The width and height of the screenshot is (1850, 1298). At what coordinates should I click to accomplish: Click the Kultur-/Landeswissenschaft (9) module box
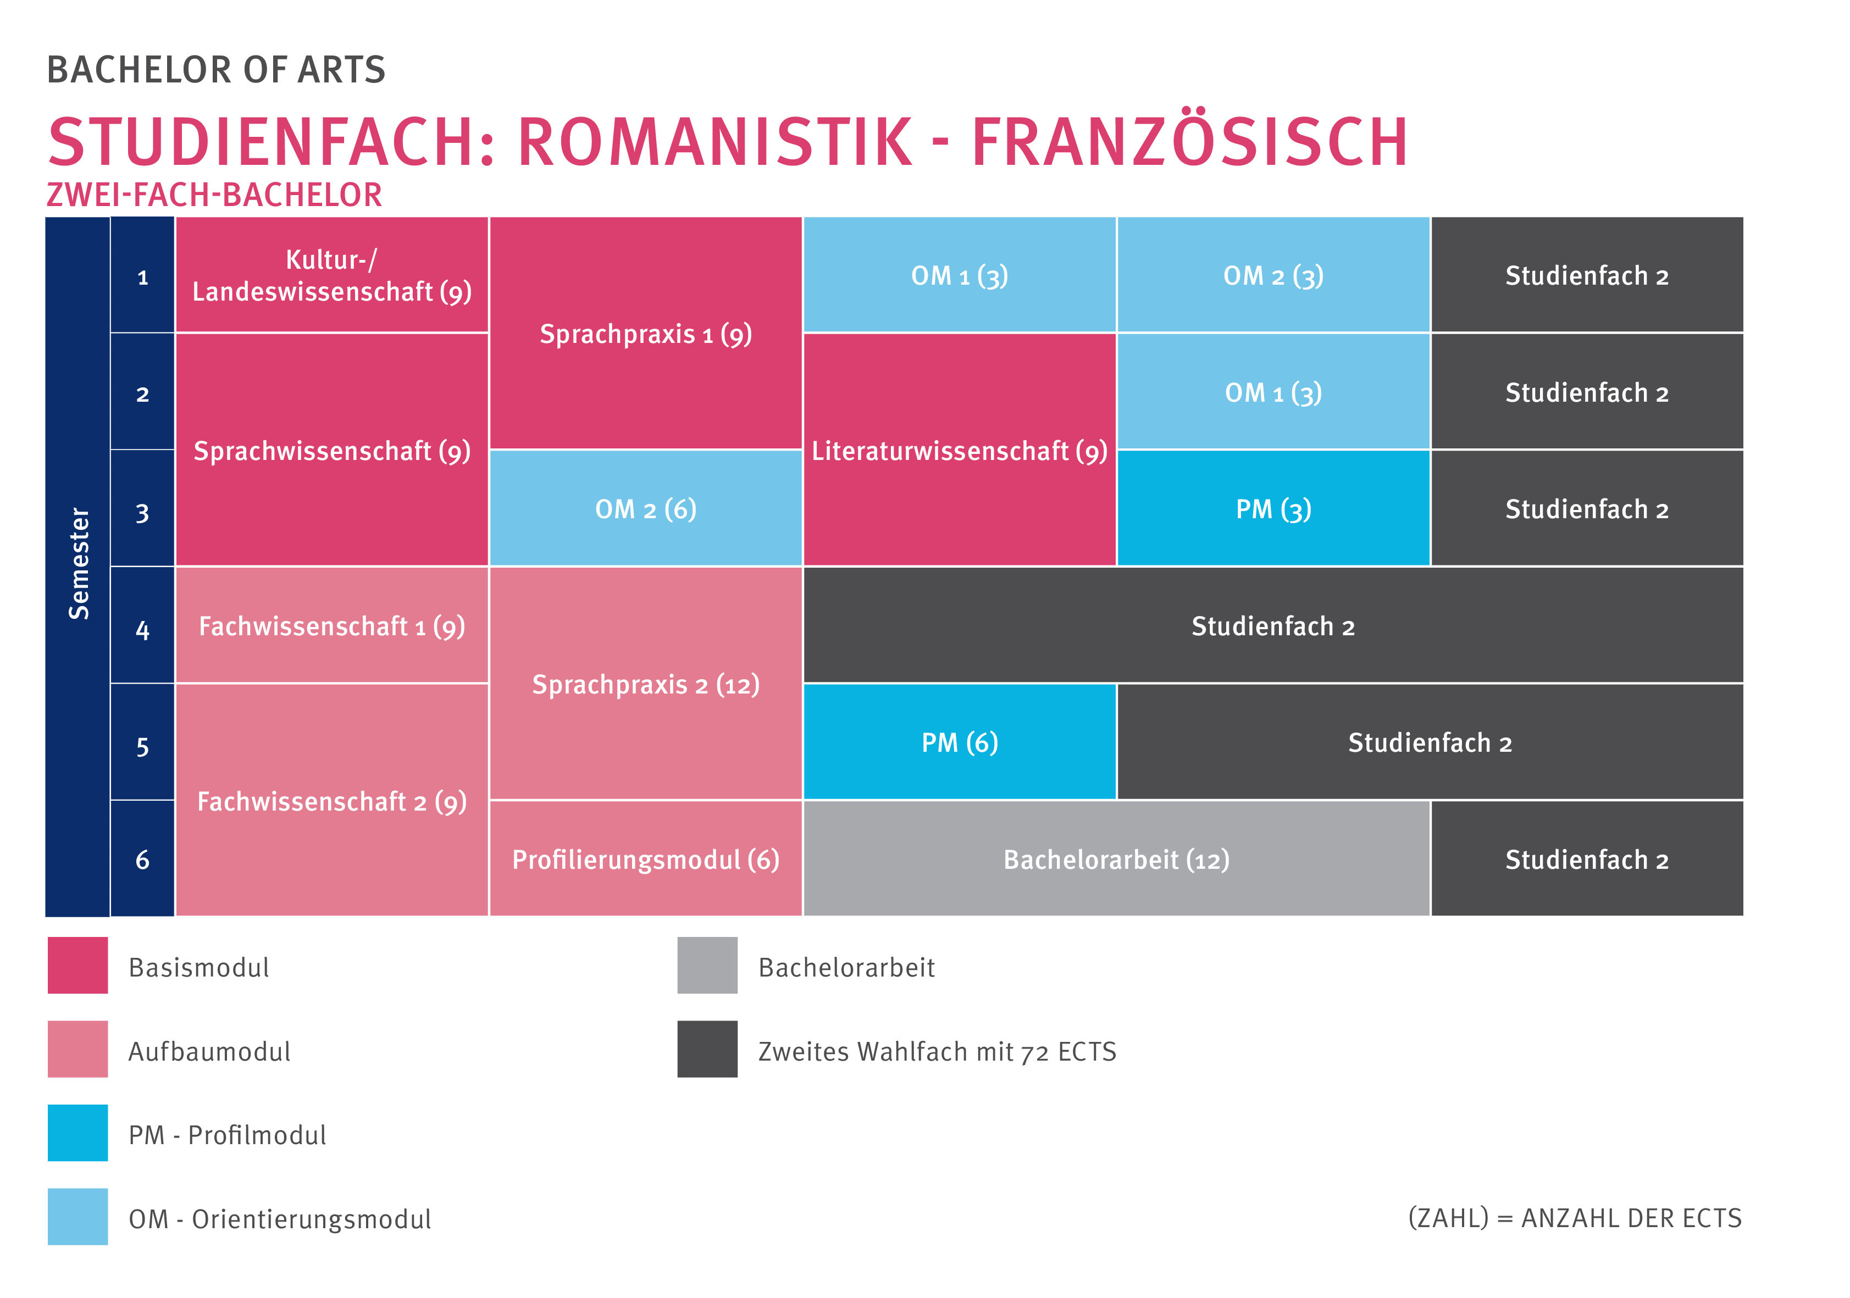pyautogui.click(x=331, y=275)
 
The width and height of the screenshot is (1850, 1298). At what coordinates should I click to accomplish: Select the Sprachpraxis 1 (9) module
pyautogui.click(x=645, y=333)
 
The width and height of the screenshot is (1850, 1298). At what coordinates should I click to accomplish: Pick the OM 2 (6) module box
pyautogui.click(x=645, y=508)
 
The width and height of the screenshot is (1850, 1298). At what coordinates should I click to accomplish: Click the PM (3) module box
pyautogui.click(x=1273, y=508)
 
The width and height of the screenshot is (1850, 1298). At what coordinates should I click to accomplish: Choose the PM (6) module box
pyautogui.click(x=959, y=741)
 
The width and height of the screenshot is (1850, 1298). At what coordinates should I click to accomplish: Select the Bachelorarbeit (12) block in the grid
pyautogui.click(x=1116, y=859)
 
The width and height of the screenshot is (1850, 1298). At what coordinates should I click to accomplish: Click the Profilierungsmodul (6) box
pyautogui.click(x=645, y=859)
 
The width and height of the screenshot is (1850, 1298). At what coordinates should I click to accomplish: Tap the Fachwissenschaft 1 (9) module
pyautogui.click(x=331, y=625)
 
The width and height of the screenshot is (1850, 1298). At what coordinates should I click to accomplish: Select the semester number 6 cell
pyautogui.click(x=142, y=859)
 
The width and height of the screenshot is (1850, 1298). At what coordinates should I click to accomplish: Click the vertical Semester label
pyautogui.click(x=78, y=564)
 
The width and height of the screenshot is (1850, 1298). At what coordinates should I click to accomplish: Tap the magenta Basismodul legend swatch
pyautogui.click(x=77, y=965)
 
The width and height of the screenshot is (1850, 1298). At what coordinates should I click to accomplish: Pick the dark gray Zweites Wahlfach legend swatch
pyautogui.click(x=707, y=1049)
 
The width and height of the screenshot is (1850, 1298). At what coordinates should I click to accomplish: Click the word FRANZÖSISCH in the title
pyautogui.click(x=1189, y=142)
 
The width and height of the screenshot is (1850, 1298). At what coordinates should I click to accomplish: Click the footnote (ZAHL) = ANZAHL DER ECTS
pyautogui.click(x=1575, y=1217)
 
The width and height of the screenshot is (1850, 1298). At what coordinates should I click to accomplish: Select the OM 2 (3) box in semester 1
pyautogui.click(x=1273, y=275)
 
